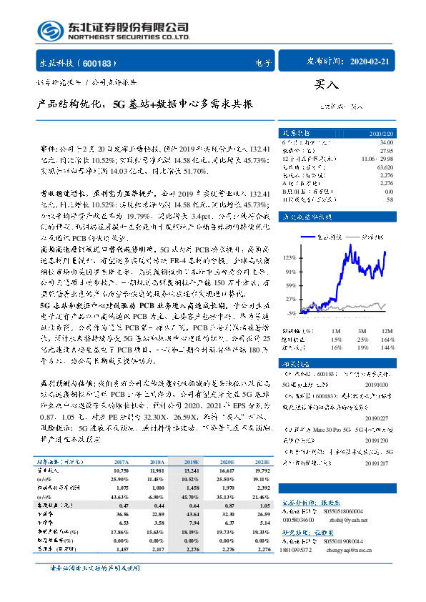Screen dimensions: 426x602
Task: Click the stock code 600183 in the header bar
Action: (104, 62)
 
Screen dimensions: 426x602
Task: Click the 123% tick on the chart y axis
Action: (291, 256)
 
